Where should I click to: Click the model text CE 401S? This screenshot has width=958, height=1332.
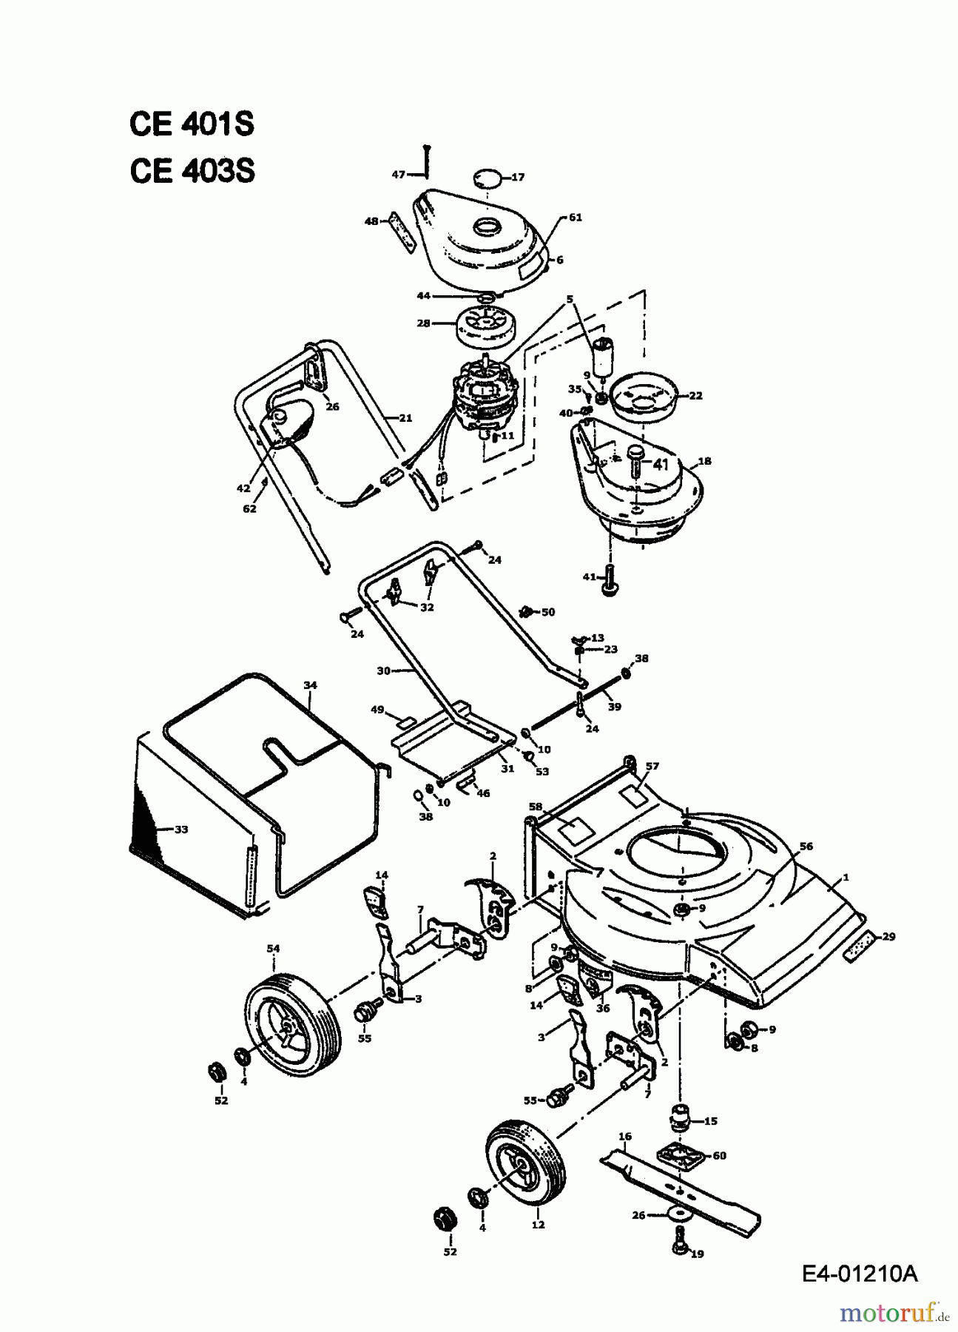click(x=192, y=124)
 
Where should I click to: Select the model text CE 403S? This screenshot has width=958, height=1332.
click(x=192, y=171)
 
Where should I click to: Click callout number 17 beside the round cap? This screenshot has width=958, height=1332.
click(x=517, y=178)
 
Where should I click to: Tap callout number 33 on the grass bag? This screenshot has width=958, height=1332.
click(x=181, y=830)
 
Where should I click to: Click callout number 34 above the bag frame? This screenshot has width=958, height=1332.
click(x=310, y=686)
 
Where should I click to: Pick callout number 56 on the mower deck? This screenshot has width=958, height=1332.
click(x=806, y=847)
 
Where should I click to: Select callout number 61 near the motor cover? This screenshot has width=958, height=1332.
click(x=576, y=218)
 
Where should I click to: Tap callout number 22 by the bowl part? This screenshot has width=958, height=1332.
click(x=695, y=396)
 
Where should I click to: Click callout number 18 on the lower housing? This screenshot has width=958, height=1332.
click(x=704, y=461)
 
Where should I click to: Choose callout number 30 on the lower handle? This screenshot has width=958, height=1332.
click(x=383, y=671)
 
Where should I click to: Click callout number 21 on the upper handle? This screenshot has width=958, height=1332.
click(x=405, y=418)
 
